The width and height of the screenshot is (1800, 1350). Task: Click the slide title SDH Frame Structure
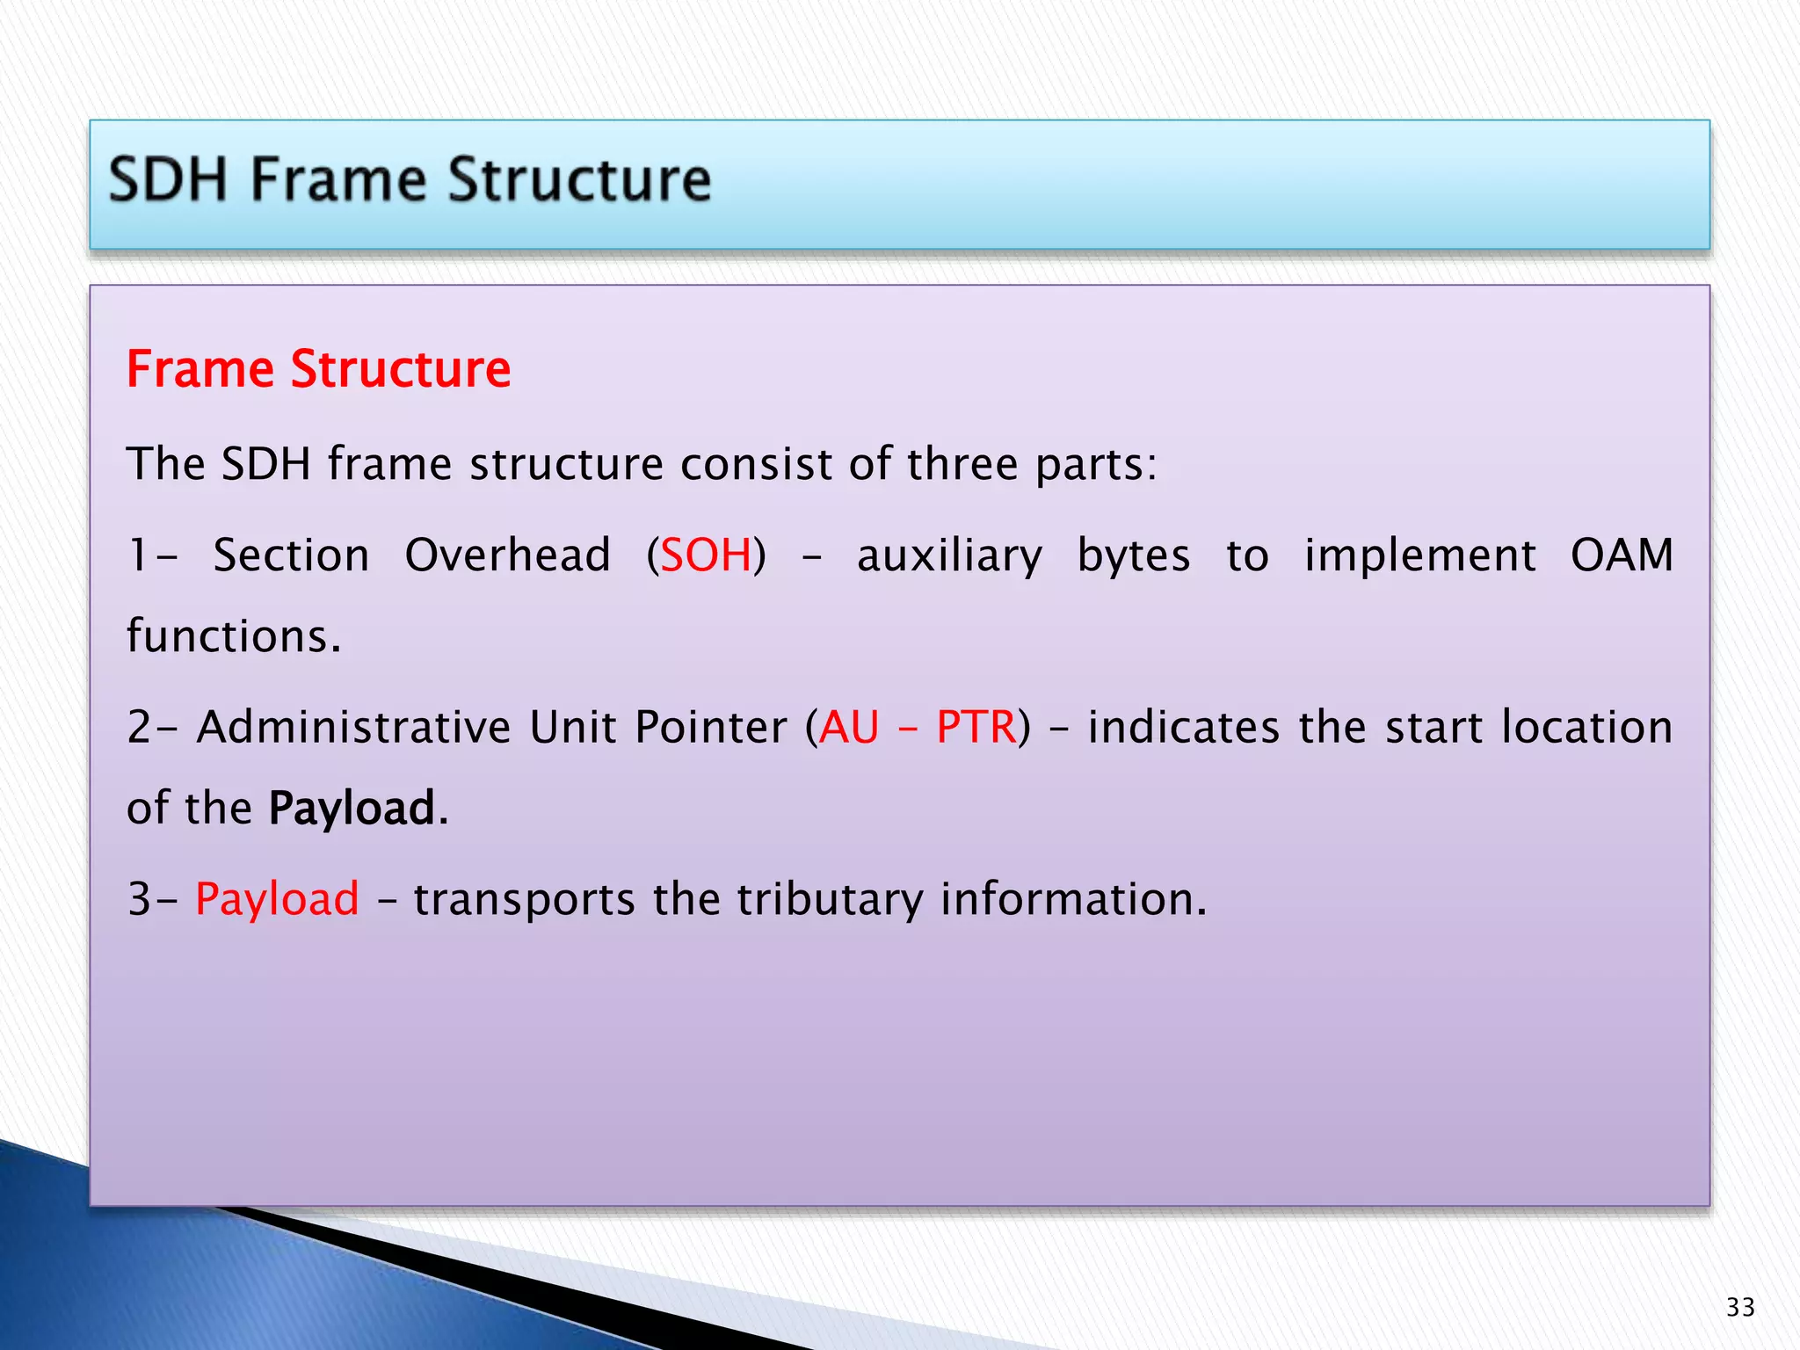(x=410, y=180)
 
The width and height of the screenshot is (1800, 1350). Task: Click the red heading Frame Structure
(x=318, y=369)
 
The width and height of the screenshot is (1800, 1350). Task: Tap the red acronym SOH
(x=706, y=555)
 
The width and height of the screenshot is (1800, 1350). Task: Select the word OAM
(x=1622, y=555)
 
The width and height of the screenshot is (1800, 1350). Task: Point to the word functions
(x=233, y=636)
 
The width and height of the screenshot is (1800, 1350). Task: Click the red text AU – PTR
(x=917, y=728)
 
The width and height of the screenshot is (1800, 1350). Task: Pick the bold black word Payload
(x=352, y=808)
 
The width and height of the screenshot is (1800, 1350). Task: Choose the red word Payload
(x=277, y=899)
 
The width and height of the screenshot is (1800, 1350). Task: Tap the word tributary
(x=829, y=899)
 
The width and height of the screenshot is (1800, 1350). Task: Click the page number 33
(x=1739, y=1307)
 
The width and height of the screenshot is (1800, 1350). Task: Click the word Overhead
(x=507, y=555)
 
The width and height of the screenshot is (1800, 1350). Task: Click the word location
(x=1586, y=728)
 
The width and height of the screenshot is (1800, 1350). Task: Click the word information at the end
(x=1072, y=899)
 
